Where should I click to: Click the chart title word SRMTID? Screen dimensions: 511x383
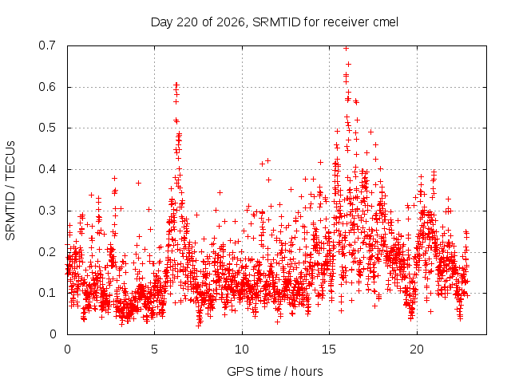(x=276, y=22)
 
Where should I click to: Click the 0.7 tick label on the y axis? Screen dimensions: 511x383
(x=47, y=45)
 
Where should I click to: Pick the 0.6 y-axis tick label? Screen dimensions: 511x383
(x=47, y=87)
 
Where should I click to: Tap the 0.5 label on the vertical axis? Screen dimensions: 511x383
(x=47, y=128)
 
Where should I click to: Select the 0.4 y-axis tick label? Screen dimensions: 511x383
(x=47, y=169)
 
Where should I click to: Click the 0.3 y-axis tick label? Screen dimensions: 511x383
(x=47, y=211)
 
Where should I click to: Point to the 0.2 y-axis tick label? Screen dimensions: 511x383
(x=47, y=252)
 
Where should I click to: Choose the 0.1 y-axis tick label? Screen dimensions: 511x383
(x=47, y=293)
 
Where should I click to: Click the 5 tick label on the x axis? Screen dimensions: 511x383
(x=154, y=349)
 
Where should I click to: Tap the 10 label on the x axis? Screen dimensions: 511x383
(x=242, y=349)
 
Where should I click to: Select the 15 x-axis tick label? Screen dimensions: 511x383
(x=329, y=349)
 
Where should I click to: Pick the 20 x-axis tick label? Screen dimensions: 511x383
(x=417, y=349)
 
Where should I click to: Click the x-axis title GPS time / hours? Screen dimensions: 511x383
(x=275, y=372)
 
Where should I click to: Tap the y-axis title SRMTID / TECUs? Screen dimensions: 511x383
(x=10, y=191)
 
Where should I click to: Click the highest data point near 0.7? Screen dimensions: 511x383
(x=346, y=49)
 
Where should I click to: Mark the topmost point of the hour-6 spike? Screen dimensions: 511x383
(x=176, y=85)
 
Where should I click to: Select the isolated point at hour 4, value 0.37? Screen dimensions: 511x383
(x=138, y=183)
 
